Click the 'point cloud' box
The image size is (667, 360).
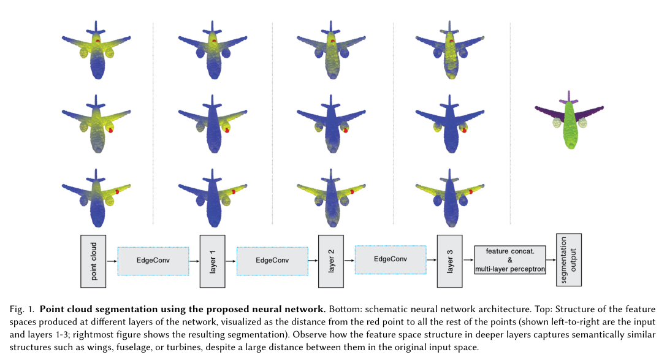tap(93, 261)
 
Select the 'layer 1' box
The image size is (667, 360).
tap(213, 261)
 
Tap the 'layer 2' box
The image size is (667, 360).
tap(331, 261)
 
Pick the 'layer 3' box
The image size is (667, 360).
tap(449, 261)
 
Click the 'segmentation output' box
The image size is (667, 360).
tap(568, 259)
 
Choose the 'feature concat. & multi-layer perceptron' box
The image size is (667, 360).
tap(510, 261)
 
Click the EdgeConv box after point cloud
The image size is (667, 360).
tap(153, 261)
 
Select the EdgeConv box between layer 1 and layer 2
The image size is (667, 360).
tap(272, 261)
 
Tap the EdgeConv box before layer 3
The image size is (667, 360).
tap(390, 260)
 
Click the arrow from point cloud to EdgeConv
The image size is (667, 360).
tap(112, 261)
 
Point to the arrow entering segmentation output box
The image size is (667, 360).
tap(551, 261)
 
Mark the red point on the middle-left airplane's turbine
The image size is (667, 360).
tap(111, 130)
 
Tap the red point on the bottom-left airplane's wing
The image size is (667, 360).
tap(116, 191)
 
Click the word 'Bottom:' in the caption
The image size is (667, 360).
tap(341, 308)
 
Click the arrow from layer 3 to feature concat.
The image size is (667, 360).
tap(468, 261)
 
